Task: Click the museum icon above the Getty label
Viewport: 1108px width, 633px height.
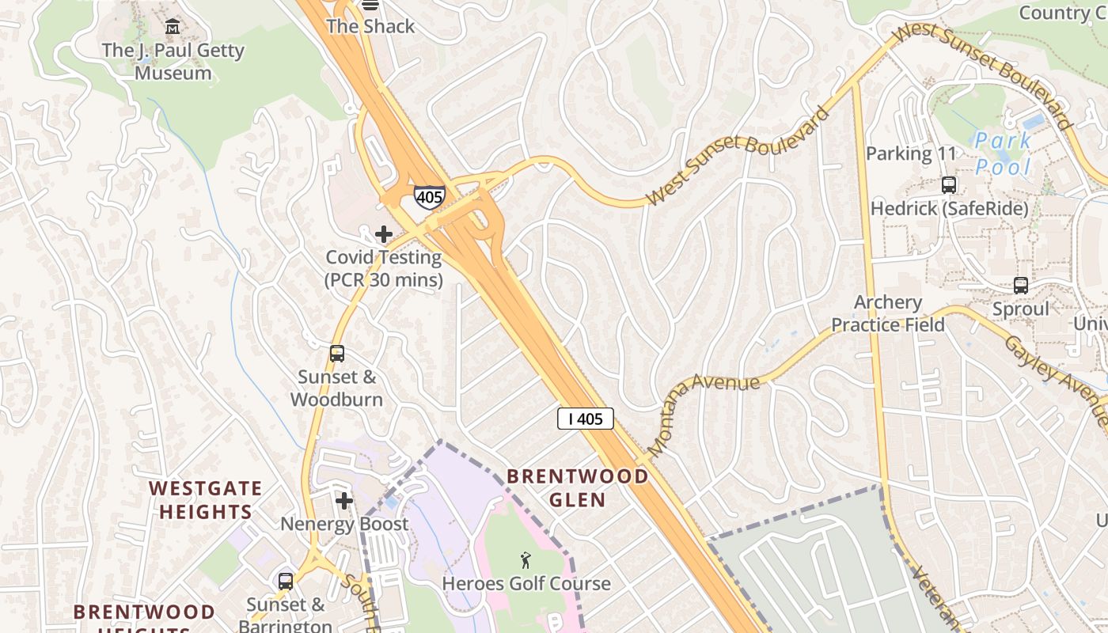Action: click(173, 28)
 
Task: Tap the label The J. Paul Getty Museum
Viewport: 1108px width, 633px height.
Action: click(173, 62)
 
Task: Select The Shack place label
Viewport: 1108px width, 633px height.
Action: click(370, 26)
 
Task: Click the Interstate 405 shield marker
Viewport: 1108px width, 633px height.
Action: click(429, 196)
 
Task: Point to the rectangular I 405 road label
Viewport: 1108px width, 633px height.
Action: click(585, 419)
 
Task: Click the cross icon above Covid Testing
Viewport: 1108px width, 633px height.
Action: click(384, 234)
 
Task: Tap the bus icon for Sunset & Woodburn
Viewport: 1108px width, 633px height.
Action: click(337, 354)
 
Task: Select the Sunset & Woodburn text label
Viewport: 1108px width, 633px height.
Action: click(336, 389)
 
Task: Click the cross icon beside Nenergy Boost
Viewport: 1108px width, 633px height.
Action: click(344, 500)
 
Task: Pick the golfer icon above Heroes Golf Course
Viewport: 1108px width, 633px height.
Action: click(526, 561)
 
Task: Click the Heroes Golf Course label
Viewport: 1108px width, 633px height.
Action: click(526, 584)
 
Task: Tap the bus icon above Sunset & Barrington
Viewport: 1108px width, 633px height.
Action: click(286, 582)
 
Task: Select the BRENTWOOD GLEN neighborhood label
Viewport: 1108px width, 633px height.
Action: click(577, 487)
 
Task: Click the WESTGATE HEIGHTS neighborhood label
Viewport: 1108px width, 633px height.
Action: click(205, 499)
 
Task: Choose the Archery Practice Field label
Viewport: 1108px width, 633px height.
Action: click(888, 313)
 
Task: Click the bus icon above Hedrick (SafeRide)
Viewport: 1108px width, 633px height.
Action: click(949, 185)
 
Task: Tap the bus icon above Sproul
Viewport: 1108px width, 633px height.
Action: click(1021, 286)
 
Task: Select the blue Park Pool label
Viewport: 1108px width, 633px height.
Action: click(1003, 154)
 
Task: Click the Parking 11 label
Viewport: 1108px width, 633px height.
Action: click(912, 154)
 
